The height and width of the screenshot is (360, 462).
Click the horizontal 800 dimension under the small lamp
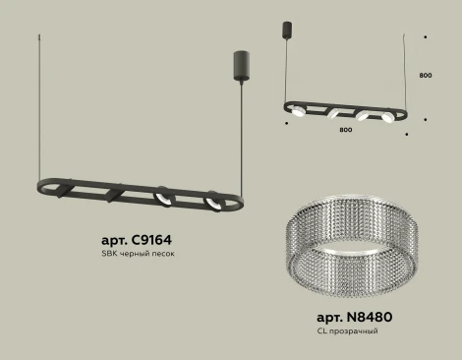pos(345,127)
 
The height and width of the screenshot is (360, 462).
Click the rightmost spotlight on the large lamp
pos(209,203)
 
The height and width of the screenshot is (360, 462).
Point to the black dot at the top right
pos(426,35)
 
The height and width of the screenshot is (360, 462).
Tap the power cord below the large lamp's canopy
pos(238,128)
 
